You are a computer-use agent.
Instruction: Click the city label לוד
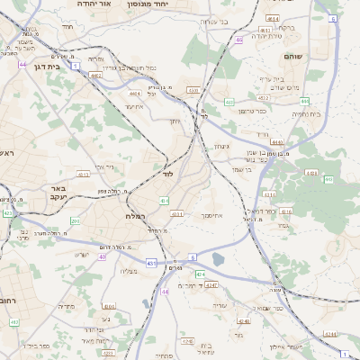tap(167, 172)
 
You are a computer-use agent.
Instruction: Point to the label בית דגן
tap(45, 66)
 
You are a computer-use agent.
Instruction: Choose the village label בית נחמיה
tap(305, 114)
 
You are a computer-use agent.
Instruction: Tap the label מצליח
tap(128, 271)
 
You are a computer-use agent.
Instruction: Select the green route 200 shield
tap(76, 220)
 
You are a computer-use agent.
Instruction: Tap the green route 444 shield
tap(305, 101)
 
